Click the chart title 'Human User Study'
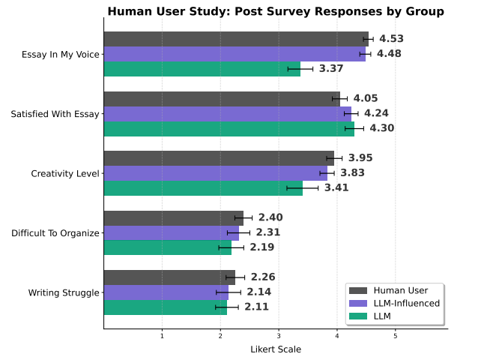click(275, 11)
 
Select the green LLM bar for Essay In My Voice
click(202, 69)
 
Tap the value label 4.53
click(391, 39)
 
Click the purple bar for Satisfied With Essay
click(227, 113)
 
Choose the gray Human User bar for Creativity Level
click(219, 158)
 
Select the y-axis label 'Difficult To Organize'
click(55, 233)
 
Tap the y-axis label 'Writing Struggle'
click(63, 292)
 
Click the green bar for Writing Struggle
click(165, 307)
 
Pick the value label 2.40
click(270, 217)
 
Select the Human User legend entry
click(400, 290)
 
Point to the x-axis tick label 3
click(279, 335)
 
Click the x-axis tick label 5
click(396, 335)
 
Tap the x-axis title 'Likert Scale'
click(275, 349)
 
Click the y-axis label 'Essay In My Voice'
click(55, 54)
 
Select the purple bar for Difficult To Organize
click(171, 232)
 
